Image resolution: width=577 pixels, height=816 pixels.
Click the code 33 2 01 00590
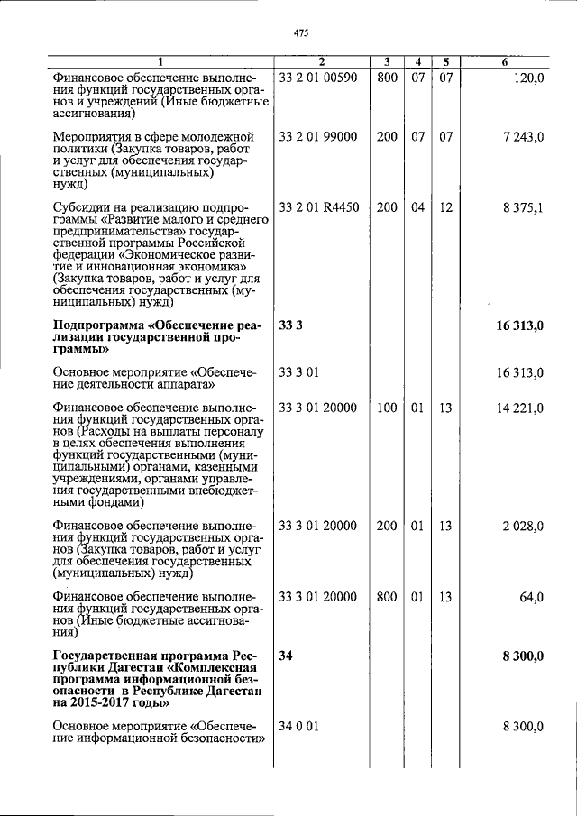click(319, 78)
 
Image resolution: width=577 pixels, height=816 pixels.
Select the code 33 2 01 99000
click(319, 136)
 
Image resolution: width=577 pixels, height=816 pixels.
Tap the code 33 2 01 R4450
click(320, 207)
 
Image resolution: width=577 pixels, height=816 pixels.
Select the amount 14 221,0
click(519, 408)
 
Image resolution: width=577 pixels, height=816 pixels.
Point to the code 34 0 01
click(299, 726)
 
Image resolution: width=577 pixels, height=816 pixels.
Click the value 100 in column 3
click(387, 408)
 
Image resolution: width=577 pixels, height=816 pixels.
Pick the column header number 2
click(321, 61)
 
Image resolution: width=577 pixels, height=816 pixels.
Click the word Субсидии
click(81, 207)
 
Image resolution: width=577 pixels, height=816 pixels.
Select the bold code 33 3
click(290, 325)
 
